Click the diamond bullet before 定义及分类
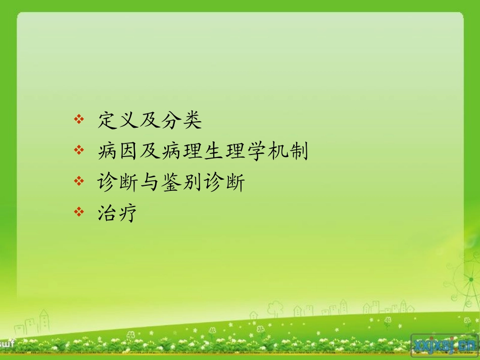click(78, 120)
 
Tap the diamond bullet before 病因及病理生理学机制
click(78, 150)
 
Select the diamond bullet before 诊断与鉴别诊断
click(78, 181)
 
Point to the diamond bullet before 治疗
click(78, 212)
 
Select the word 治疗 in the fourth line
click(118, 213)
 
